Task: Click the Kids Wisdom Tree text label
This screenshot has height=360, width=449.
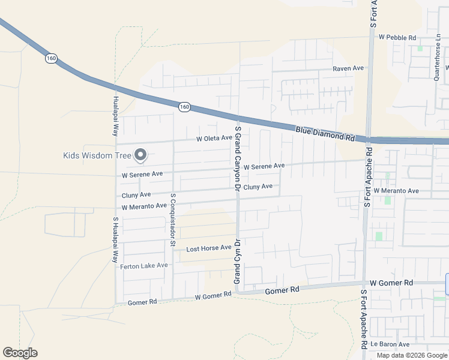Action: pos(97,155)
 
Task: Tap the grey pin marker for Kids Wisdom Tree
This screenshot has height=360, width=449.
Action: pos(140,155)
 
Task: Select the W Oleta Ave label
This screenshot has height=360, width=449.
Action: pos(214,138)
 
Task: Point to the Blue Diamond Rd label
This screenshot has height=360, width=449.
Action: pos(324,133)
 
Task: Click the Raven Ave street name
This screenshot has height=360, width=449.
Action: pos(349,68)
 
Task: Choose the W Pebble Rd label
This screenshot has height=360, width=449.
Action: pos(397,37)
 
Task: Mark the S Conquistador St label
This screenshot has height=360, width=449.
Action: pos(172,220)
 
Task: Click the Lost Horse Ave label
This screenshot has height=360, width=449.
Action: pos(208,248)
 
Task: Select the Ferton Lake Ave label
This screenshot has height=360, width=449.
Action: pos(143,266)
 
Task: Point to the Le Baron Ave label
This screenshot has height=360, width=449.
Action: pos(390,344)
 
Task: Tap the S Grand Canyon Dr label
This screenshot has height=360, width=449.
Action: pos(238,158)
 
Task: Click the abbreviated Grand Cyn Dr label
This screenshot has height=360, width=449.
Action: pos(237,262)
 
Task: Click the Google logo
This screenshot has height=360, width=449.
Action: pos(20,353)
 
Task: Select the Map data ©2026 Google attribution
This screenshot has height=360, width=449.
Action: pos(412,355)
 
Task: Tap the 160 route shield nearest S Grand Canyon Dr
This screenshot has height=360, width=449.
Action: pos(184,107)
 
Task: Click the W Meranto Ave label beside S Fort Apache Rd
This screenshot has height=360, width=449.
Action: pos(396,190)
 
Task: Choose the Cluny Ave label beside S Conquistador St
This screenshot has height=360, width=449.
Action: pos(136,195)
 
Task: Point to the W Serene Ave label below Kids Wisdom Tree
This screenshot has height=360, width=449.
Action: pos(142,175)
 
